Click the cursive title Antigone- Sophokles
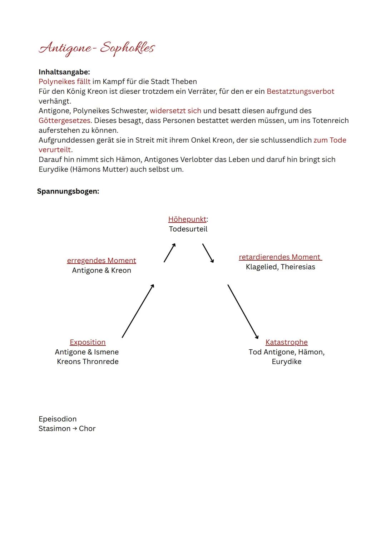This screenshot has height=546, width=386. click(96, 48)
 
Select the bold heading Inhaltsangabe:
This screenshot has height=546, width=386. click(64, 72)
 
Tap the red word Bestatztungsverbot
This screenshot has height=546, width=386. click(300, 91)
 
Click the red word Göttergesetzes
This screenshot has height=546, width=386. click(64, 120)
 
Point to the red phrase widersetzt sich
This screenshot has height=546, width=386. click(175, 111)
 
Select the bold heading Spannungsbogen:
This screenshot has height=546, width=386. click(68, 191)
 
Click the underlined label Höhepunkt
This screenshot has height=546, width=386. click(187, 219)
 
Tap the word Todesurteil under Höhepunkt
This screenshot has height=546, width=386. click(188, 229)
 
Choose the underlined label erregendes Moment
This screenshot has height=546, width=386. click(102, 261)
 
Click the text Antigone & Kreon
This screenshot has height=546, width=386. click(102, 270)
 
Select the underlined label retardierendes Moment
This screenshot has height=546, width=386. click(280, 257)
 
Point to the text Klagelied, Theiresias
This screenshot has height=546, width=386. click(280, 267)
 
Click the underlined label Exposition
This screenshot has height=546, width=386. click(88, 342)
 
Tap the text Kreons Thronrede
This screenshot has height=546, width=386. click(88, 361)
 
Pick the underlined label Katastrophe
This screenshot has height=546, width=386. click(286, 342)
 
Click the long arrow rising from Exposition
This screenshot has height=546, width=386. click(138, 311)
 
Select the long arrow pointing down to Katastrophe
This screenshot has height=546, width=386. click(243, 311)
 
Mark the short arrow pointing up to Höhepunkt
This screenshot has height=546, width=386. click(170, 253)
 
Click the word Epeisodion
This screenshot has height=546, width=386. click(58, 419)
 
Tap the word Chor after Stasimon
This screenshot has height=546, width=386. click(87, 428)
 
